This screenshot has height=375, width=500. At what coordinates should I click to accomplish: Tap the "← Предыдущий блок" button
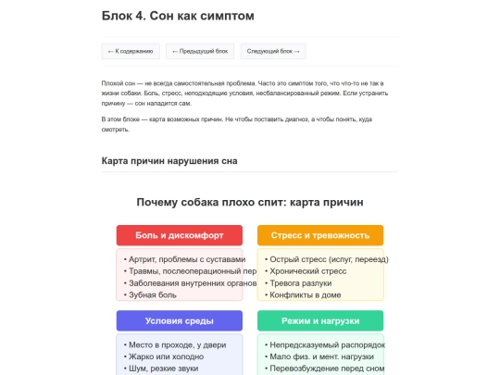[200, 52]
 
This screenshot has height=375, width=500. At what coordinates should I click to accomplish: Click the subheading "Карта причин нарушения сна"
[169, 161]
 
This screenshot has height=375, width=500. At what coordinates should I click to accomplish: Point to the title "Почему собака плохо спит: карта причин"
[250, 202]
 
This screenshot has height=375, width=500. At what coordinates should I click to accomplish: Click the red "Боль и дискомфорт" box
[180, 235]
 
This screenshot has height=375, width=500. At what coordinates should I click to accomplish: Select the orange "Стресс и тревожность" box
[319, 235]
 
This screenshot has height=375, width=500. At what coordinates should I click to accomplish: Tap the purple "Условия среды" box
[180, 320]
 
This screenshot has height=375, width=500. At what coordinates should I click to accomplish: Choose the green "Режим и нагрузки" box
[319, 320]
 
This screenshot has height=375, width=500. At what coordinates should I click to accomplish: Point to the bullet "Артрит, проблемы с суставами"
[185, 259]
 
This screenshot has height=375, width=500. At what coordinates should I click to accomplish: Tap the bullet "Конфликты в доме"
[305, 294]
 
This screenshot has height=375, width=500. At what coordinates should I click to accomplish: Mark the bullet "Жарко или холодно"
[165, 356]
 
